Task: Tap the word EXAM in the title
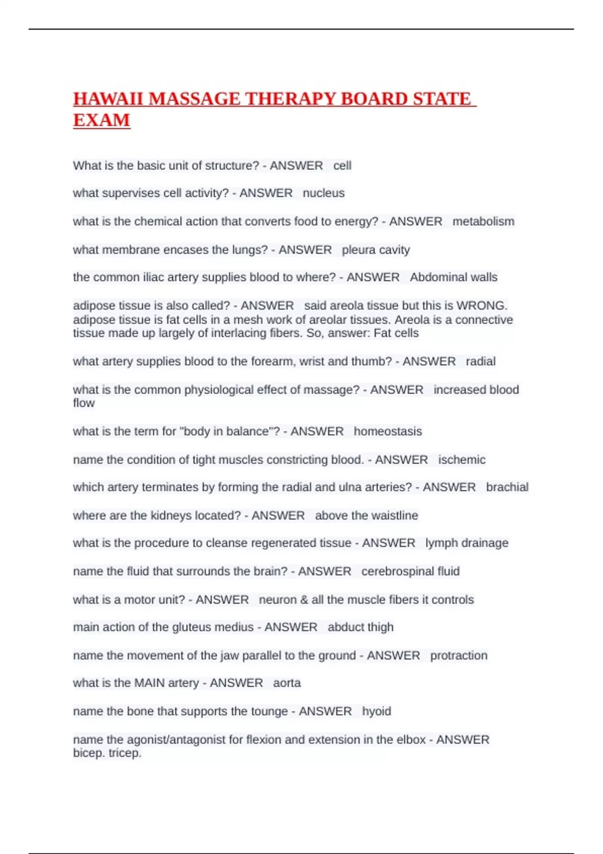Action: tap(102, 121)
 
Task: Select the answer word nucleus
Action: tap(324, 193)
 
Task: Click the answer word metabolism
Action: tap(483, 222)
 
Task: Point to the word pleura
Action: tap(357, 250)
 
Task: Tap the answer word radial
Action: tap(480, 361)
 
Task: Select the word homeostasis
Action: tap(388, 432)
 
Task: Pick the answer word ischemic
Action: tap(462, 460)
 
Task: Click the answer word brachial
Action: tap(507, 487)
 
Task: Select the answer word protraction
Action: tap(459, 656)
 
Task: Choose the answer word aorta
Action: tap(287, 683)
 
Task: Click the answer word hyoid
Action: tap(376, 711)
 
